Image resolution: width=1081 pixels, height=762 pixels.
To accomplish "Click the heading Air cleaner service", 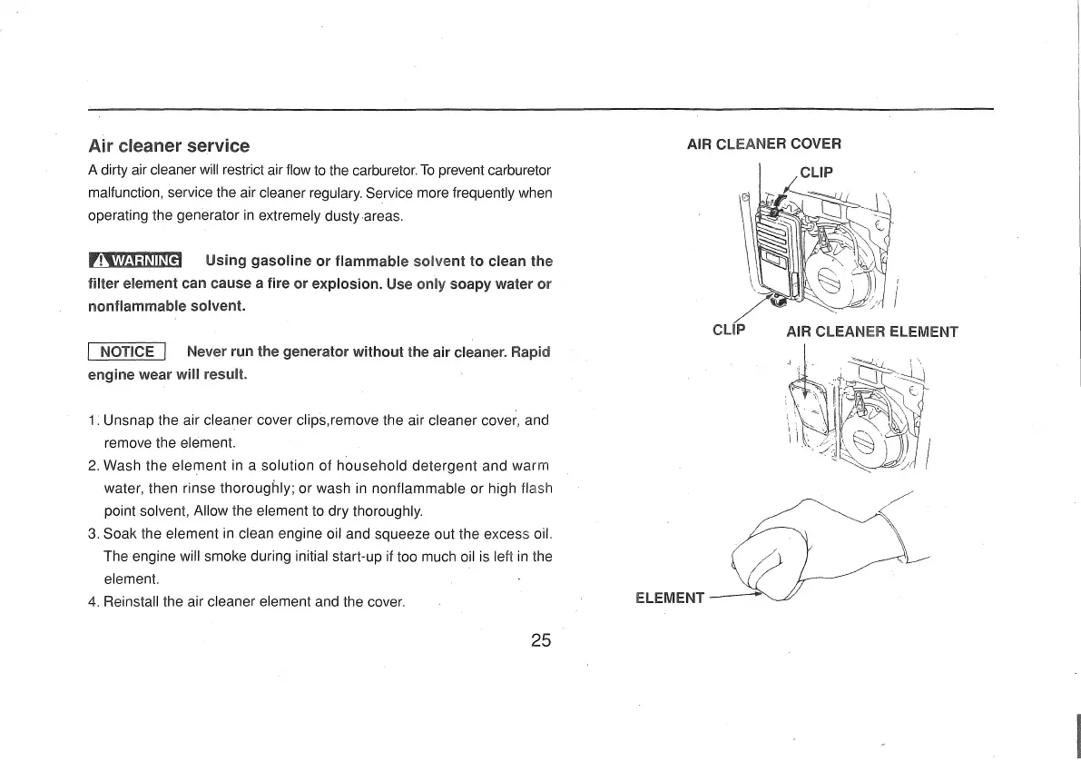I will click(x=168, y=145).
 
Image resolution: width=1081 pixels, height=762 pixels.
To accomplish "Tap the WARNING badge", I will click(x=135, y=262).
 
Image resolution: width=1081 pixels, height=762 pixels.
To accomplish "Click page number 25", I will click(x=541, y=640).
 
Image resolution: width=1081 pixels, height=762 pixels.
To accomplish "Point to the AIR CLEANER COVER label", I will click(x=764, y=143).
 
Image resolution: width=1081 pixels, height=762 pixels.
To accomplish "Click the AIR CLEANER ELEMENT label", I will click(x=871, y=332).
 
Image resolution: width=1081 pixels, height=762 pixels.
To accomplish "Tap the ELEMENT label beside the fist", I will click(x=670, y=598).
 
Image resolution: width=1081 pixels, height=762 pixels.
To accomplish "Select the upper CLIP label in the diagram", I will click(x=817, y=172).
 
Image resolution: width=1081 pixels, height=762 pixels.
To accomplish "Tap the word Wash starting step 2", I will click(x=123, y=466).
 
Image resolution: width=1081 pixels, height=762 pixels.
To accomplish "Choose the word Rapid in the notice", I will click(x=528, y=352).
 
